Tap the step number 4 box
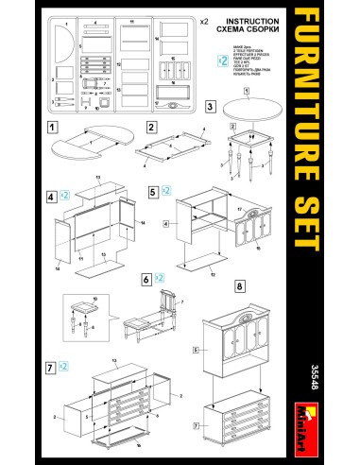(52, 196)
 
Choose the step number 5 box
(153, 191)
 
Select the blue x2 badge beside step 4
(65, 196)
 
